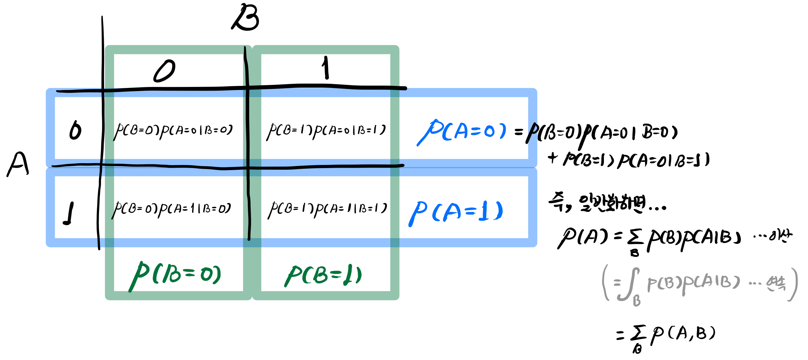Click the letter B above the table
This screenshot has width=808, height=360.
click(246, 18)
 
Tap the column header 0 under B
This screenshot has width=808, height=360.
click(164, 71)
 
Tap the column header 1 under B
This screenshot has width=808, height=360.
click(326, 68)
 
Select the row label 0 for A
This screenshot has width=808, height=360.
click(75, 130)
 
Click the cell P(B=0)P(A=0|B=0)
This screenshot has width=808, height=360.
click(173, 131)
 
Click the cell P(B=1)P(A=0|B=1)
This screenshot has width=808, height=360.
click(326, 131)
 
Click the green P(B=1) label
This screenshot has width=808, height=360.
click(323, 276)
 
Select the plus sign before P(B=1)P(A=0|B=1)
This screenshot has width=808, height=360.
click(553, 158)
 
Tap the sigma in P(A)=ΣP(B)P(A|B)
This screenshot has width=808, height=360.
click(635, 238)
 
